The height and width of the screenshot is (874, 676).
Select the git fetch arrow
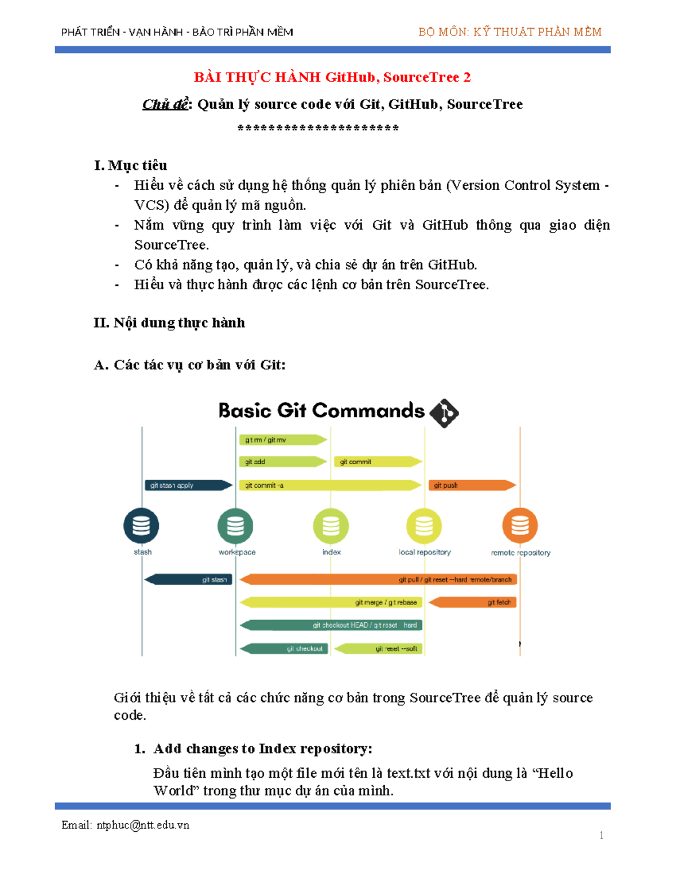(473, 602)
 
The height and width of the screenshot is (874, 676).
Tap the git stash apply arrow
(188, 485)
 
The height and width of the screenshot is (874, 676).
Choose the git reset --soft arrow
(378, 648)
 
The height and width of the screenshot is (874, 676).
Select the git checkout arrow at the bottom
(284, 648)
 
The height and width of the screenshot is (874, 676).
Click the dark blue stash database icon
(141, 526)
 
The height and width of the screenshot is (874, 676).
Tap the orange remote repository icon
(520, 526)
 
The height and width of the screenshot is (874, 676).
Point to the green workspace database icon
(235, 526)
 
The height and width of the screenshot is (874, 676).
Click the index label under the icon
(331, 552)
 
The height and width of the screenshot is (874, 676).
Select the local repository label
(425, 552)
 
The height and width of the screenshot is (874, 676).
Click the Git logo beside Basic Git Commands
(444, 413)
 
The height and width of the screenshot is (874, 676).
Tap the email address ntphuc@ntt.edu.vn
(143, 825)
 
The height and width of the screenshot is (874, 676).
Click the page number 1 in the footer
(602, 835)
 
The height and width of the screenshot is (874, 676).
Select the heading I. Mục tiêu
(131, 165)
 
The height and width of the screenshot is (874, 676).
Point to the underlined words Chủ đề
(164, 105)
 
